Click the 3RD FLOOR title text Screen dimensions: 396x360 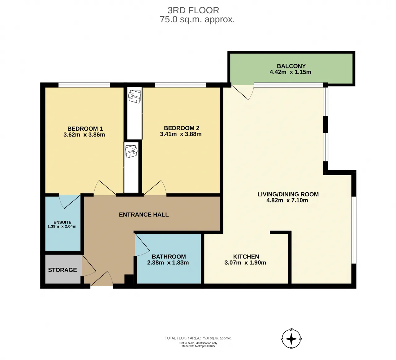pos(193,10)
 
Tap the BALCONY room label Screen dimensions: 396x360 pos(291,66)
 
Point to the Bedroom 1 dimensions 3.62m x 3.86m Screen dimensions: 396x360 pos(84,135)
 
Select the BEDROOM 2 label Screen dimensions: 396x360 pos(181,128)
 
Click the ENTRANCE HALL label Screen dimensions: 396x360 pos(144,215)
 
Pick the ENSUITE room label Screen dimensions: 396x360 pos(62,222)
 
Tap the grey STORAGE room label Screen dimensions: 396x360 pos(62,270)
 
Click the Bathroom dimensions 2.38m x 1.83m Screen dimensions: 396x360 pos(168,262)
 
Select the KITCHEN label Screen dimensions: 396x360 pos(246,257)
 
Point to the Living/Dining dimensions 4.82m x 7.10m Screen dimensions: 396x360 pos(287,200)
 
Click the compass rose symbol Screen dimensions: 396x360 pos(291,339)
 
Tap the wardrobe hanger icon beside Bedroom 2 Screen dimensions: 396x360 pos(135,97)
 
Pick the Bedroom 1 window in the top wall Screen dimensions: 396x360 pos(84,85)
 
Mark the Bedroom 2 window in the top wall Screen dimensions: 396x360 pos(180,85)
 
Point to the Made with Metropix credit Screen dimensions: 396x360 pos(198,346)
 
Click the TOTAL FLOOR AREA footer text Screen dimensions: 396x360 pos(198,338)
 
